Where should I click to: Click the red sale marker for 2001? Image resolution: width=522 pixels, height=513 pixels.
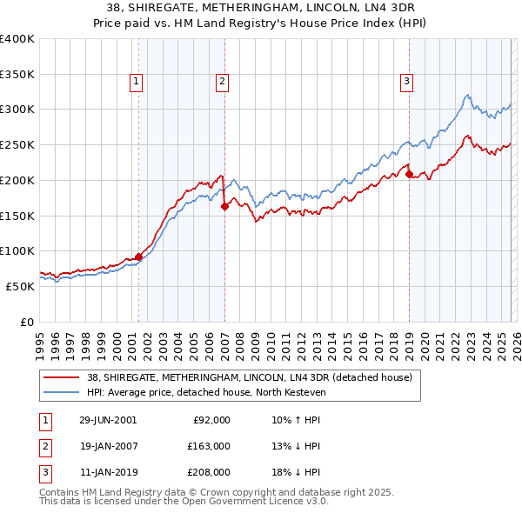click(138, 256)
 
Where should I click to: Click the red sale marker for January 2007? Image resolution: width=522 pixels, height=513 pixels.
click(224, 206)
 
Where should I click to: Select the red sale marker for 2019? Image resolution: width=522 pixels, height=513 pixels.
click(409, 174)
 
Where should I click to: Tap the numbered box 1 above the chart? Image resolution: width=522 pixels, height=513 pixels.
click(137, 82)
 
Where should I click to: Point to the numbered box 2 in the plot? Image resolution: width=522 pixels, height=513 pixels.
click(223, 82)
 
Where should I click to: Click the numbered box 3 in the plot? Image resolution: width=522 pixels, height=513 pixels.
click(407, 82)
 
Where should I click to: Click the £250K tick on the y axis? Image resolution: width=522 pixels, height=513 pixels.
click(17, 145)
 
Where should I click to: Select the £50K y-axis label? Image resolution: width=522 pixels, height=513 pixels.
click(20, 286)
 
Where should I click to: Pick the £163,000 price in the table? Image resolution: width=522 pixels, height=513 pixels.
click(209, 446)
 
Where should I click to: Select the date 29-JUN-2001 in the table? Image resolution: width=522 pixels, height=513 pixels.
click(108, 420)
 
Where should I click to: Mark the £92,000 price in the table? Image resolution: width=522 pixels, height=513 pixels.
click(211, 420)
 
